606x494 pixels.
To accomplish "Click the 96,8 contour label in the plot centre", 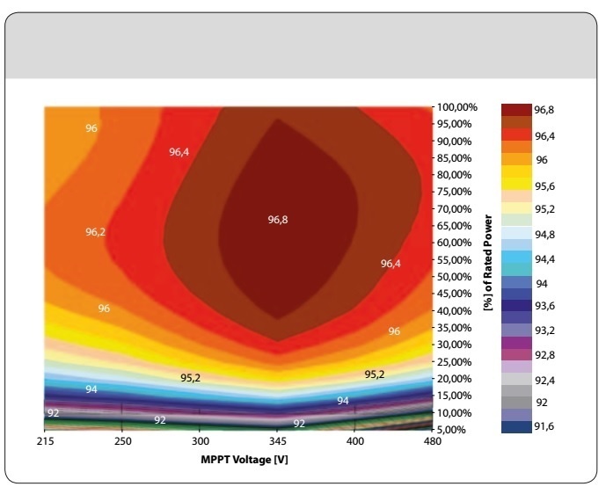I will tap(278, 220).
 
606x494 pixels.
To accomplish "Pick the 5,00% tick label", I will tap(456, 429).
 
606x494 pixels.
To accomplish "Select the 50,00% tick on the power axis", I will tap(456, 276).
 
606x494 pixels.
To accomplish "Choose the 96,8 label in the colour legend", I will tap(546, 109).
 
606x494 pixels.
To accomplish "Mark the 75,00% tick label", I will tap(456, 192).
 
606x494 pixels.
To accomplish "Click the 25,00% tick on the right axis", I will tap(456, 361).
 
